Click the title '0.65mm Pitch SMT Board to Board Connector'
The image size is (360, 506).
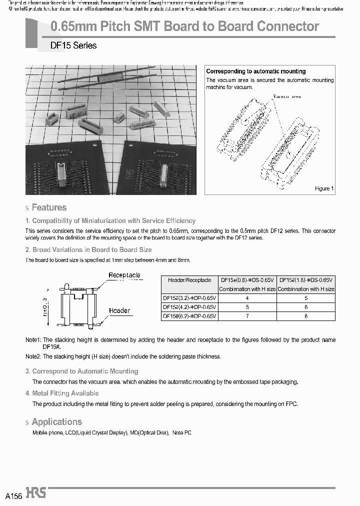click(185, 26)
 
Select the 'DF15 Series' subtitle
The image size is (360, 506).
click(73, 45)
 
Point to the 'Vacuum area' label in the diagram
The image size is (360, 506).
click(286, 96)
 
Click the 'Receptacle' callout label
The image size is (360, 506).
click(124, 275)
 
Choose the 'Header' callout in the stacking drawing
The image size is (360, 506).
click(119, 310)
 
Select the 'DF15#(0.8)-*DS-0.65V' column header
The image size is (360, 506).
click(247, 280)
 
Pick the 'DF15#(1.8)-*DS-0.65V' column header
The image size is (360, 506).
click(305, 280)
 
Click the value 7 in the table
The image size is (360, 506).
click(247, 316)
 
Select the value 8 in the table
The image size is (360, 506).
click(305, 316)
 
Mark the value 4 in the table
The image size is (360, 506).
click(247, 298)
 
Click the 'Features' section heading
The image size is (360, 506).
click(49, 207)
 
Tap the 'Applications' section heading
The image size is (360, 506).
click(56, 422)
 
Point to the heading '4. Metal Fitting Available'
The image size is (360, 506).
click(62, 393)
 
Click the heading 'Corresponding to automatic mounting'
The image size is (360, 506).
click(256, 71)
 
